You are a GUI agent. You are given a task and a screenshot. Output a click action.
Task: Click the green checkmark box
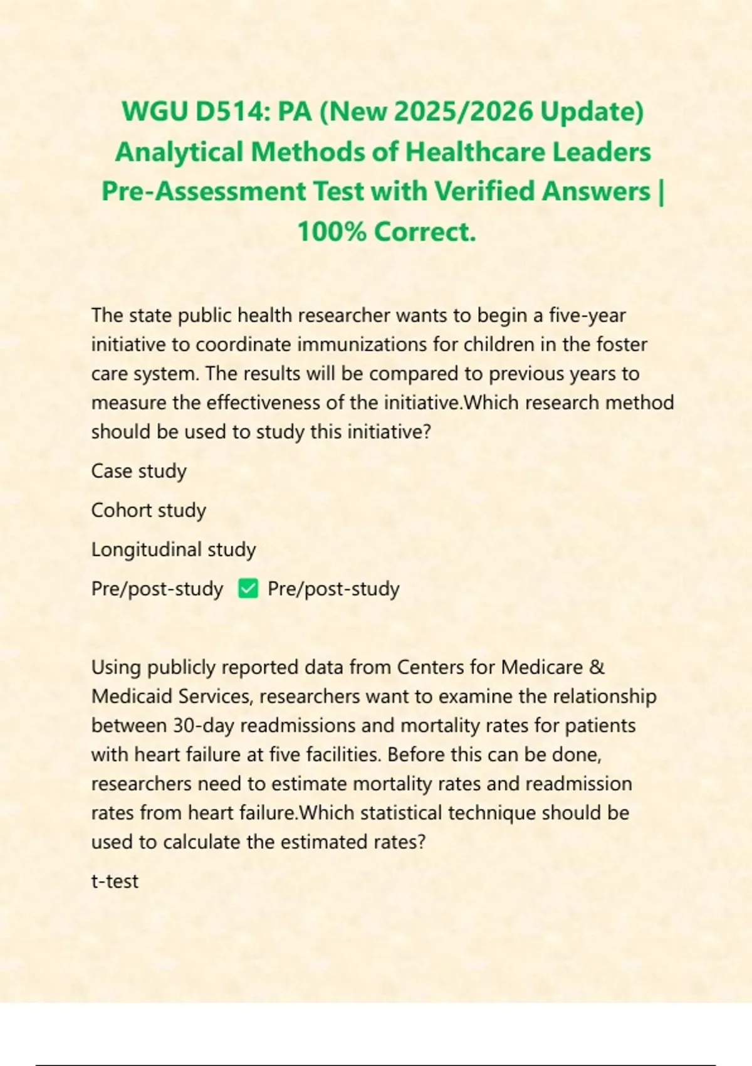point(248,589)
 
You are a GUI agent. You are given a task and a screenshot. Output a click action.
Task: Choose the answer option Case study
point(138,471)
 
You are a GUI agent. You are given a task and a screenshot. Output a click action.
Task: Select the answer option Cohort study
point(149,510)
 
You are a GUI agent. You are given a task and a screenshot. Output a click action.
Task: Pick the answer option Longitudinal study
point(174,549)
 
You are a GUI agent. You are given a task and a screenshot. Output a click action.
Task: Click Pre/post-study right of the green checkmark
point(333,589)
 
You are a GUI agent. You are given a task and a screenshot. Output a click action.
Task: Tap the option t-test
point(115,881)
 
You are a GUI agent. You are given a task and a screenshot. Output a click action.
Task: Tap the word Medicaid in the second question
point(132,696)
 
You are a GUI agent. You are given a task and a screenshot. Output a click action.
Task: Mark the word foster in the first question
point(622,344)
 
